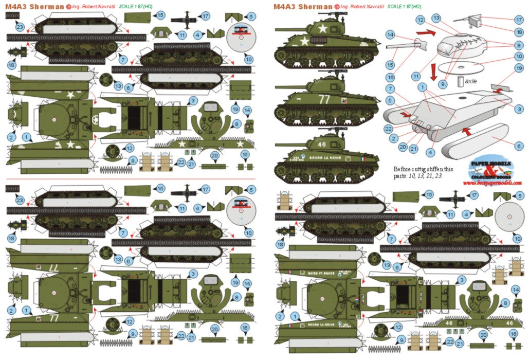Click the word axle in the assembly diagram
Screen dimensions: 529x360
(x=470, y=81)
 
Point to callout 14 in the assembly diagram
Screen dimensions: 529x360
(x=391, y=34)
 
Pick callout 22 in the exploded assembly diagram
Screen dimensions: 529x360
(x=389, y=128)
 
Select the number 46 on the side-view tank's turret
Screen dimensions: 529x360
(x=322, y=145)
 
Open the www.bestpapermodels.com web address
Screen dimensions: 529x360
(x=495, y=183)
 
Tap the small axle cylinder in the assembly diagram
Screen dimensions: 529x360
(x=461, y=81)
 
